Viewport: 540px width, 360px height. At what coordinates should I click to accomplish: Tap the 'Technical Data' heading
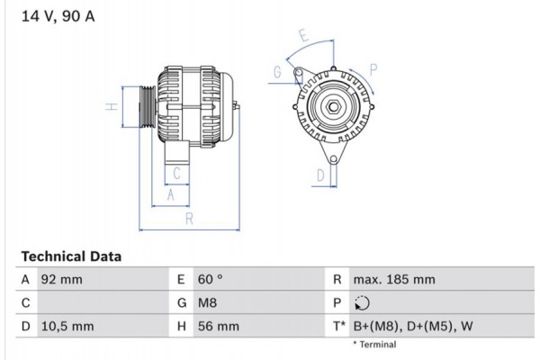coord(70,256)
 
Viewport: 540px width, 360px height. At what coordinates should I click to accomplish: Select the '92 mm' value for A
coord(62,280)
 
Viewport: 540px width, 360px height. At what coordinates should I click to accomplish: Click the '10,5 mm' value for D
coord(67,326)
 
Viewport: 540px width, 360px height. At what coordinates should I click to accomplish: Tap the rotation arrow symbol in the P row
coord(363,303)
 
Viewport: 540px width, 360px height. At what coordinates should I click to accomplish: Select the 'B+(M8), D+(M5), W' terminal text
coord(411,326)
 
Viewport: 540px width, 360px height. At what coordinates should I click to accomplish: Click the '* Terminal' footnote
coord(374,345)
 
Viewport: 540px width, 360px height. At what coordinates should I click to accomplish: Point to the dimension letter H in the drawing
coord(111,106)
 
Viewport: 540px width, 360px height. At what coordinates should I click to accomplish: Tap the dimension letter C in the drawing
coord(177,174)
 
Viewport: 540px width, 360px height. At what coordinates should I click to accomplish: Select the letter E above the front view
coord(304,37)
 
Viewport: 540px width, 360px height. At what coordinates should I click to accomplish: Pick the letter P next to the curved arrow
coord(373,67)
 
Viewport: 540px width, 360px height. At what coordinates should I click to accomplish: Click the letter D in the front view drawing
coord(319,175)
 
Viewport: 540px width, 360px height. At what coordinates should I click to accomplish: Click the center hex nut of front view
coord(332,109)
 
